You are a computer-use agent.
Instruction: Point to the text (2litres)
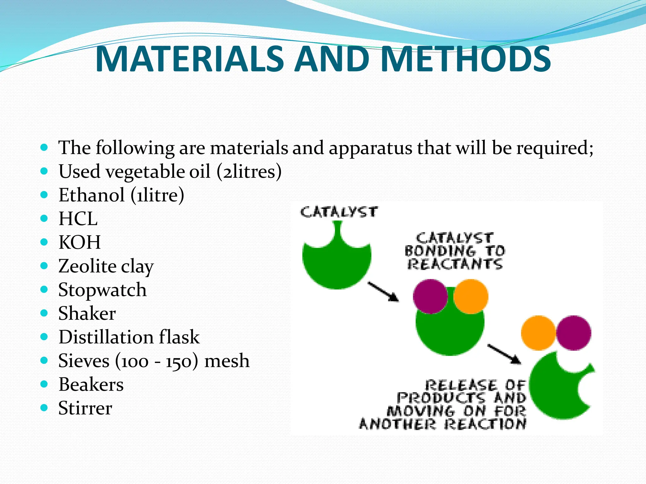249,172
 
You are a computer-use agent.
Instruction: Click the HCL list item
78,219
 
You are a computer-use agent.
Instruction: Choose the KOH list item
79,242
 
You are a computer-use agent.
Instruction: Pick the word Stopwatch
103,290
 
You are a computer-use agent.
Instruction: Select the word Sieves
84,361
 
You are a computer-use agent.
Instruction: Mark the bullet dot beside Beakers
44,384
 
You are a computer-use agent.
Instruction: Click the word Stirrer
85,408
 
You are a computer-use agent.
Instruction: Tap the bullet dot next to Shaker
44,313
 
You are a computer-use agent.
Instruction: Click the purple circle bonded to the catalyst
430,297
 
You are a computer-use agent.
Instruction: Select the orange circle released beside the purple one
538,333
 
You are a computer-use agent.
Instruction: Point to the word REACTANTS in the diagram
455,264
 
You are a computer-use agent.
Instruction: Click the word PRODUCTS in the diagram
441,398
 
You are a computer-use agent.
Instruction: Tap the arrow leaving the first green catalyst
383,292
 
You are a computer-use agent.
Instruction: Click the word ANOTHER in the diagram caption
397,424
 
